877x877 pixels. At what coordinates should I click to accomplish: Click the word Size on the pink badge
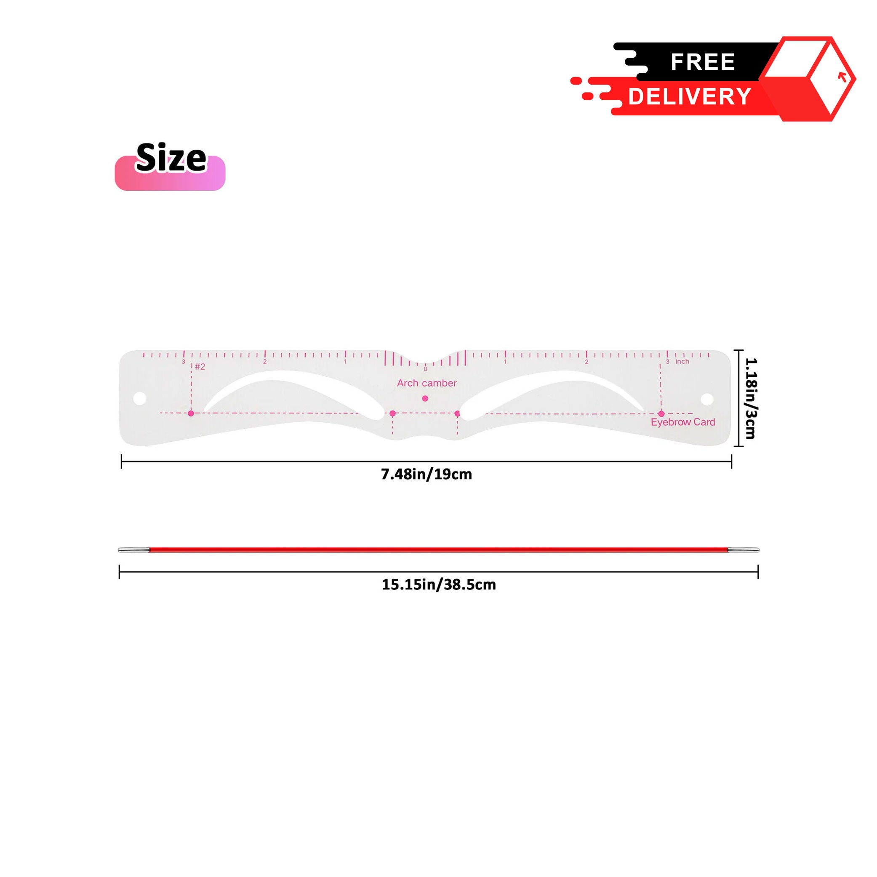tap(171, 158)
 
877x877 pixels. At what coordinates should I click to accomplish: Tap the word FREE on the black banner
tap(703, 62)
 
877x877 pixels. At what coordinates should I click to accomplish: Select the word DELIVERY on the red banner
tap(690, 97)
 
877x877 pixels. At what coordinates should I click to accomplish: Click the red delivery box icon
tap(807, 79)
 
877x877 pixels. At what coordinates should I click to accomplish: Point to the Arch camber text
tap(427, 383)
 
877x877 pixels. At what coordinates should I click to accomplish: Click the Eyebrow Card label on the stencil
tap(683, 422)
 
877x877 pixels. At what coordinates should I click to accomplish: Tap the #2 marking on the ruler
tap(200, 367)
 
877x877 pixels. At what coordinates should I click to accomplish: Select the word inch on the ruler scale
tap(682, 361)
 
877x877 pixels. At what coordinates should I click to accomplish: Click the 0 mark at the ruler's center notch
tap(425, 369)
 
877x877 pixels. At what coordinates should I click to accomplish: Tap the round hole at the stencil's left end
tap(140, 399)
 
